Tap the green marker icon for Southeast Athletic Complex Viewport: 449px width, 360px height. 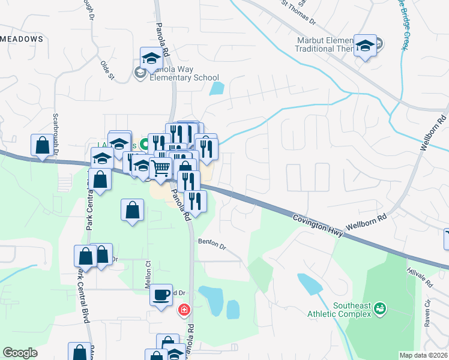tap(379, 309)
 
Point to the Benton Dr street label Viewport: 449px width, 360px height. tap(211, 244)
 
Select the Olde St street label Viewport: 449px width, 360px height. tap(107, 70)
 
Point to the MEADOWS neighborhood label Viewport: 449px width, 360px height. tap(22, 38)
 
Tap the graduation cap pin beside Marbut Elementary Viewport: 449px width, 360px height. tap(365, 46)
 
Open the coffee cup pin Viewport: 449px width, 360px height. tap(161, 295)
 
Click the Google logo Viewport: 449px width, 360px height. tap(20, 353)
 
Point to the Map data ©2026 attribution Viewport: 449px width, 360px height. tap(423, 355)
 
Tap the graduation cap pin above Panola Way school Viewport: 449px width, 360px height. tap(152, 59)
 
